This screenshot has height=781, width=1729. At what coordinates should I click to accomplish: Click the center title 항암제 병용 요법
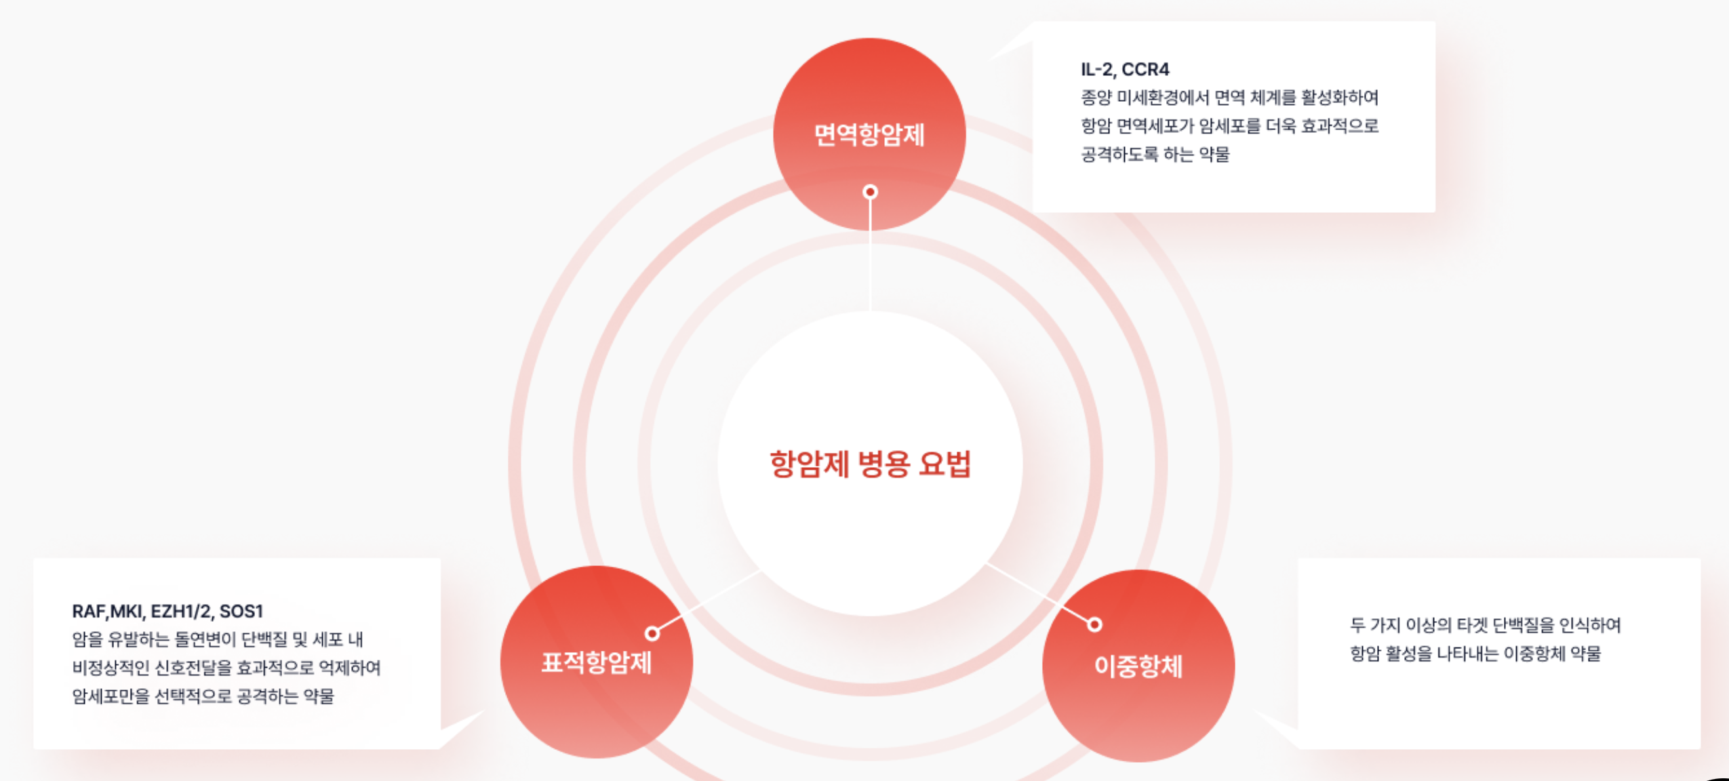(870, 464)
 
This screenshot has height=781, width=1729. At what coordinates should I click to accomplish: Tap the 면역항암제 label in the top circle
(869, 135)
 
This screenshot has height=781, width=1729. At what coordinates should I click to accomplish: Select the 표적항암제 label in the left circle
(596, 662)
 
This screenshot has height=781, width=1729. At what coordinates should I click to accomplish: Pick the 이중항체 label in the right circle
(1138, 666)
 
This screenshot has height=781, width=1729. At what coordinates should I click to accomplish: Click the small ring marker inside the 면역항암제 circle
(870, 192)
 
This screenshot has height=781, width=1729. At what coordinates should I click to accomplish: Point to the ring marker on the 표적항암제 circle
(652, 633)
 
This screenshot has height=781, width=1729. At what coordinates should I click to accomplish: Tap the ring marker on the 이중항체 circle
(1094, 624)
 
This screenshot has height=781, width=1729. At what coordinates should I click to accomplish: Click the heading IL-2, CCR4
(1124, 69)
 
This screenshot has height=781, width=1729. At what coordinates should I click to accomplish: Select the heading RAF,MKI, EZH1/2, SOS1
(167, 611)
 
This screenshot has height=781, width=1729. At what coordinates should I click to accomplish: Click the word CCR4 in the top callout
(1145, 69)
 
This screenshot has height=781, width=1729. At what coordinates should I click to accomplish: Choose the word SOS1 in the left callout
(241, 611)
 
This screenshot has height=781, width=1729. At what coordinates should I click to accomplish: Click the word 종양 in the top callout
(1096, 98)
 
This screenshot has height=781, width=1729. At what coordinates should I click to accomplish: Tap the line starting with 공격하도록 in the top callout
(1155, 155)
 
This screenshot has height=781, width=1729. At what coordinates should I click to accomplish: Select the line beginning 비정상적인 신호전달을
(226, 668)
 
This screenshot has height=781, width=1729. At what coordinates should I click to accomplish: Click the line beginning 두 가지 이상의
(1485, 624)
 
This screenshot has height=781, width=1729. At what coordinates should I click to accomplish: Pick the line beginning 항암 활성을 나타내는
(1475, 654)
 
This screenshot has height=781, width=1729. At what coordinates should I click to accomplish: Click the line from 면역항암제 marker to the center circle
(870, 258)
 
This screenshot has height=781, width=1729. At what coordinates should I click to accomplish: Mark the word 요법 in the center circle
(945, 464)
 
